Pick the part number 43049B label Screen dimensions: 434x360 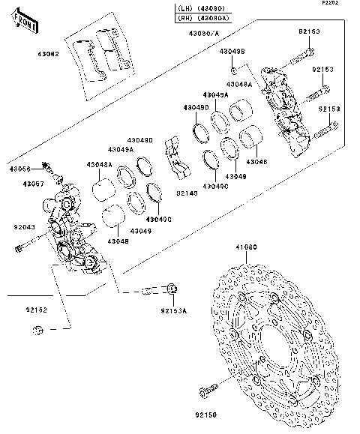point(232,50)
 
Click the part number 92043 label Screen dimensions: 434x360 point(24,226)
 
